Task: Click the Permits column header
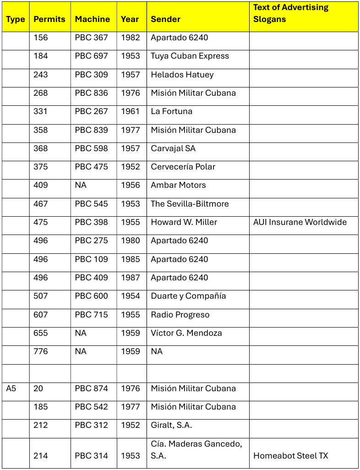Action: [49, 19]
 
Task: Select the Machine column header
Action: [93, 19]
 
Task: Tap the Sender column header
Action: [166, 19]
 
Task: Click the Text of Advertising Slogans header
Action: [291, 13]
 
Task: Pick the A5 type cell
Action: [11, 388]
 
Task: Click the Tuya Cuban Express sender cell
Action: [190, 56]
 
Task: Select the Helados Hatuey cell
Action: [182, 75]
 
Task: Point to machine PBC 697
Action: [92, 56]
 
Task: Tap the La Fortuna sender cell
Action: [172, 111]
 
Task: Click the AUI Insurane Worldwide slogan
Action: [300, 222]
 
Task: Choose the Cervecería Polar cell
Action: [183, 167]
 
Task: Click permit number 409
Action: [40, 185]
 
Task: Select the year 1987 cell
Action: [131, 278]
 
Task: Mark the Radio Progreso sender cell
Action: [180, 315]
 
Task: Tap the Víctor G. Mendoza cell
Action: [186, 333]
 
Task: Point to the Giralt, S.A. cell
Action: [171, 425]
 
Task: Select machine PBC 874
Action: [92, 388]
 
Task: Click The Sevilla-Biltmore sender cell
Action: [190, 204]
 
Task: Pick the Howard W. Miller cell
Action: [184, 222]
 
